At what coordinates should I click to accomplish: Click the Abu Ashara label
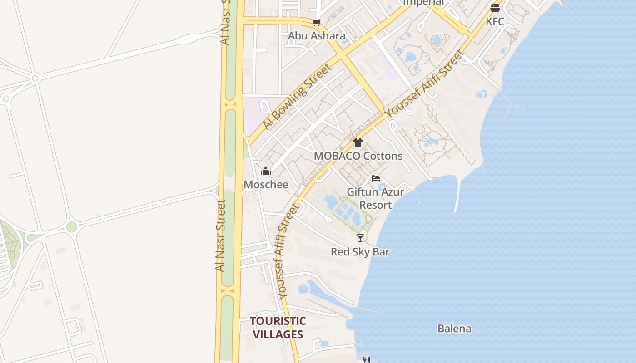[317, 36]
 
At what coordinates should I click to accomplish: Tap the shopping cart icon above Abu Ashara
[317, 23]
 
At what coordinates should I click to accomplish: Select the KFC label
[495, 21]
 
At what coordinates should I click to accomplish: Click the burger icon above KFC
[495, 8]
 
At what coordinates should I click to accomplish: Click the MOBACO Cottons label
[358, 156]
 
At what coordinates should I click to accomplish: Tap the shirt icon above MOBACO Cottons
[358, 142]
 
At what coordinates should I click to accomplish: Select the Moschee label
[266, 185]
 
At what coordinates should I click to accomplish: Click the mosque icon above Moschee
[266, 172]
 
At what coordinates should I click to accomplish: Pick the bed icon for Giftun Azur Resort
[376, 178]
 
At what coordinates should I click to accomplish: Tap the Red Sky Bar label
[360, 252]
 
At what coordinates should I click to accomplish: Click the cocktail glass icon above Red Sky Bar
[360, 238]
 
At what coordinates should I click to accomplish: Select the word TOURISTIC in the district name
[278, 321]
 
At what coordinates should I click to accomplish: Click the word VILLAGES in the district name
[278, 335]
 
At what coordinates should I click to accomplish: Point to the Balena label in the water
[454, 329]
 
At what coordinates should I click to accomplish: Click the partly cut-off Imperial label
[423, 3]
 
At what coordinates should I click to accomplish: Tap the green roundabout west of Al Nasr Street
[72, 227]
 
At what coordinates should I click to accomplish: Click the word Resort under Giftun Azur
[376, 205]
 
